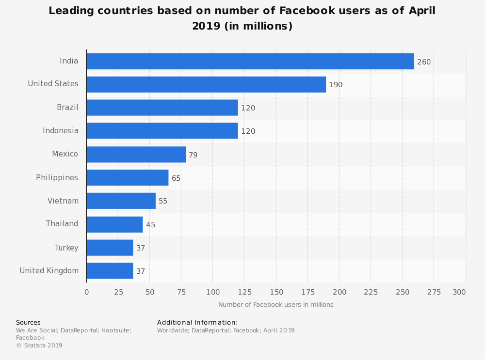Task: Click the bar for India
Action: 250,62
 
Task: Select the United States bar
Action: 206,84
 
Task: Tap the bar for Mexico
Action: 136,155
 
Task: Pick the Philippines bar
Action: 128,178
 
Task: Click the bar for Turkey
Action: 110,248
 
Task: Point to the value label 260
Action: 424,62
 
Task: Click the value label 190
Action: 336,85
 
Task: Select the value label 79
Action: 193,155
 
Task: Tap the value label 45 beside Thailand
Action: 150,225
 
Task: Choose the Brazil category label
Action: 67,107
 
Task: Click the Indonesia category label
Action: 61,130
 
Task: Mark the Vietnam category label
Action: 63,201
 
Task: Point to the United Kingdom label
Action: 49,271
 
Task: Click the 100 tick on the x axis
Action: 213,292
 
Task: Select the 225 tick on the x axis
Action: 371,292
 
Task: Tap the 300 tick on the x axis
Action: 459,292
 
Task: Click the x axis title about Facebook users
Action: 275,305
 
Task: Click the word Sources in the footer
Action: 28,323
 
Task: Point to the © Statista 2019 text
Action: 39,345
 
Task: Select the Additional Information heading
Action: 197,323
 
